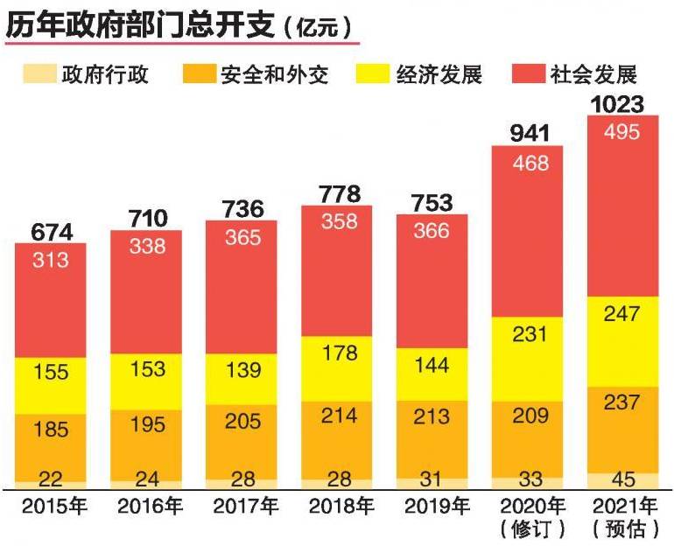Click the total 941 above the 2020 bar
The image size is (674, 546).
click(529, 134)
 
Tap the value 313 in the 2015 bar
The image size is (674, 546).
click(50, 259)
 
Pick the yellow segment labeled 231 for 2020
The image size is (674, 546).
click(529, 334)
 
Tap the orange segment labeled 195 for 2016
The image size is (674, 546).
click(146, 423)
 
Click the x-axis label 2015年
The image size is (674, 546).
click(50, 506)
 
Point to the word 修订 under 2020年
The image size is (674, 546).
click(530, 529)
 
